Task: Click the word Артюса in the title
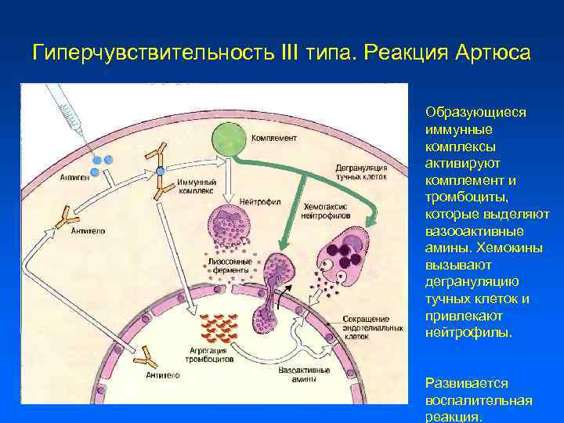(490, 54)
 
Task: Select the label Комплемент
(273, 138)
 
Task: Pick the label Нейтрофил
(262, 201)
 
